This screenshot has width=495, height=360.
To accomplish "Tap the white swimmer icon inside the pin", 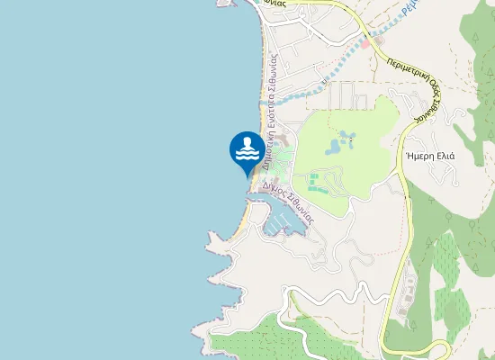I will (x=248, y=149).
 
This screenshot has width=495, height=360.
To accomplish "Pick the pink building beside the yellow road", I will (x=368, y=40).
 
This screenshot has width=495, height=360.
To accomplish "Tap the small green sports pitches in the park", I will (x=314, y=184).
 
